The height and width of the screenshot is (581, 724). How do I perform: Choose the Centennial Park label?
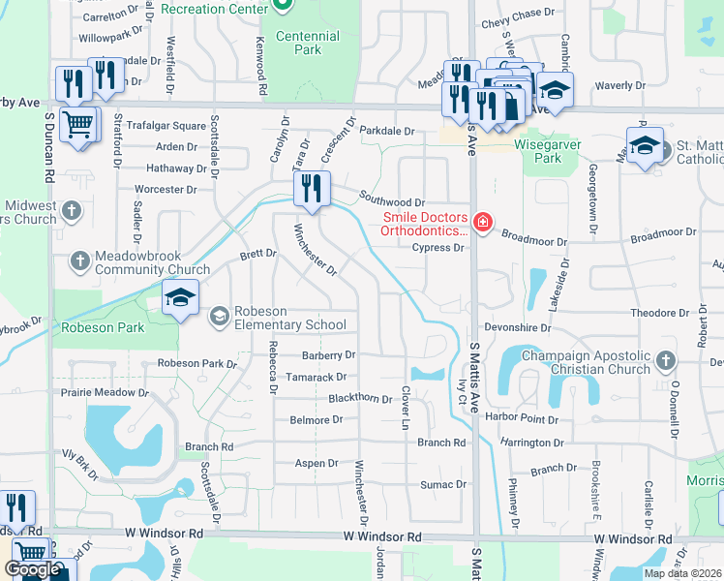click(x=308, y=43)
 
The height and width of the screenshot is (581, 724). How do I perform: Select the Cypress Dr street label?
click(x=437, y=248)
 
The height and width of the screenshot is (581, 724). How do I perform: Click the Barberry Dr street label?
click(x=328, y=355)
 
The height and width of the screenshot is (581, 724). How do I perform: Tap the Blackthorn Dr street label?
click(x=360, y=398)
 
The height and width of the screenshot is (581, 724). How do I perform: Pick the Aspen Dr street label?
click(x=317, y=463)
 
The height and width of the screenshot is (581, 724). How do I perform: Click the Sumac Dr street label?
click(x=443, y=484)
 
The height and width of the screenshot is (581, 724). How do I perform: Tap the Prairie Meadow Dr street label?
click(x=106, y=393)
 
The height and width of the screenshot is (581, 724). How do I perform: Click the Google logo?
click(x=33, y=569)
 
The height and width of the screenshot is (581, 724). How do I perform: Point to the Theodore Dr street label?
click(x=659, y=314)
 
